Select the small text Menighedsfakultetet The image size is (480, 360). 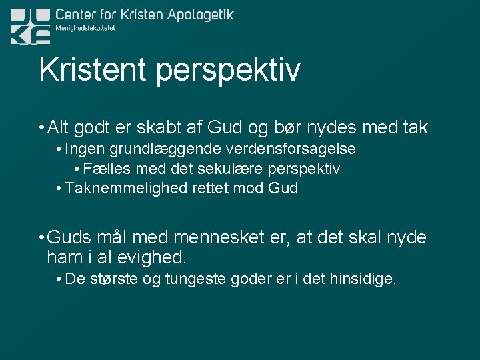pos(85,28)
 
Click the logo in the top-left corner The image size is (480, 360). pos(31,26)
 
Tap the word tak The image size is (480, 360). pos(413,127)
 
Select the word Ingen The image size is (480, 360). pos(84,149)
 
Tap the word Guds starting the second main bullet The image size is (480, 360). pos(69,238)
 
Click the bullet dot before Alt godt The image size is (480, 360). pos(41,127)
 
